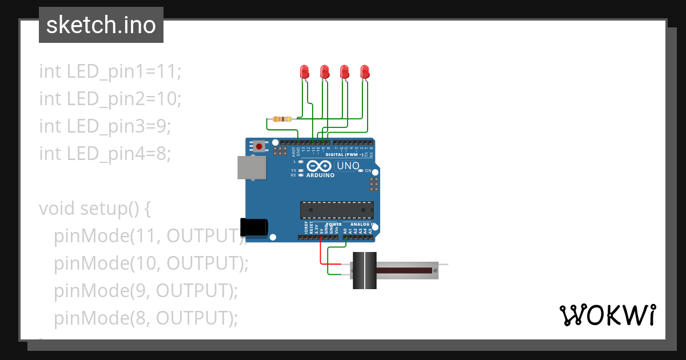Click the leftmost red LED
[304, 71]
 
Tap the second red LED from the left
[324, 71]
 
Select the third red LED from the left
[344, 71]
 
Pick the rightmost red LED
[365, 71]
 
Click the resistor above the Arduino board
[282, 119]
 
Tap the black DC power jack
[254, 227]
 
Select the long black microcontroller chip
[337, 210]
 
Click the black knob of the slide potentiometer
[364, 270]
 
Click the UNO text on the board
[348, 166]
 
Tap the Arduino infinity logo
[319, 166]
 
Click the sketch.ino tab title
[101, 25]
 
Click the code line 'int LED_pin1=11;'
[110, 71]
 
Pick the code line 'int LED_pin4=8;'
[105, 154]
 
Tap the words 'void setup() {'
[95, 209]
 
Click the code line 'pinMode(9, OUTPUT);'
[146, 291]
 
